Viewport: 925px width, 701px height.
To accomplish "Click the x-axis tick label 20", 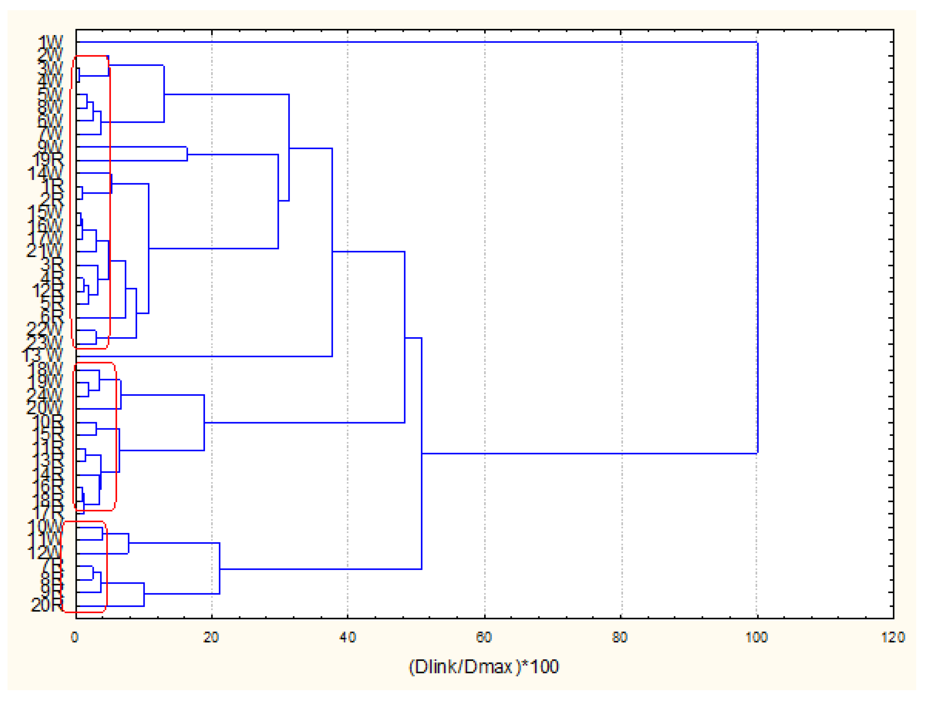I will (211, 637).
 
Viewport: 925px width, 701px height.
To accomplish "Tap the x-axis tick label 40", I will (347, 637).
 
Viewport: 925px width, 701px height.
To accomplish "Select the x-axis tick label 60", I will (484, 637).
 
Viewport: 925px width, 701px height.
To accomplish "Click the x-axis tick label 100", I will (756, 637).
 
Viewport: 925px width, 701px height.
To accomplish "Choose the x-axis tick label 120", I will (893, 637).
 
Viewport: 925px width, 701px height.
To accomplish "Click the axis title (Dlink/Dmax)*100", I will (483, 667).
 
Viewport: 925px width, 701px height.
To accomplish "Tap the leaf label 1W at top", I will (50, 43).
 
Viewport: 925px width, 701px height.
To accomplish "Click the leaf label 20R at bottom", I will (47, 605).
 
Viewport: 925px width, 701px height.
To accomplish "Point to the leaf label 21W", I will (44, 251).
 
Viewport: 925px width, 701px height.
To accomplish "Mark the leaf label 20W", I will (44, 408).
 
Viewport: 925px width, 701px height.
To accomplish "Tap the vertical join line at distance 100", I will (758, 251).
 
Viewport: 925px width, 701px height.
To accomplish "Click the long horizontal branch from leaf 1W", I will (418, 42).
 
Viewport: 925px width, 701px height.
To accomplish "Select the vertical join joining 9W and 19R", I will (187, 154).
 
